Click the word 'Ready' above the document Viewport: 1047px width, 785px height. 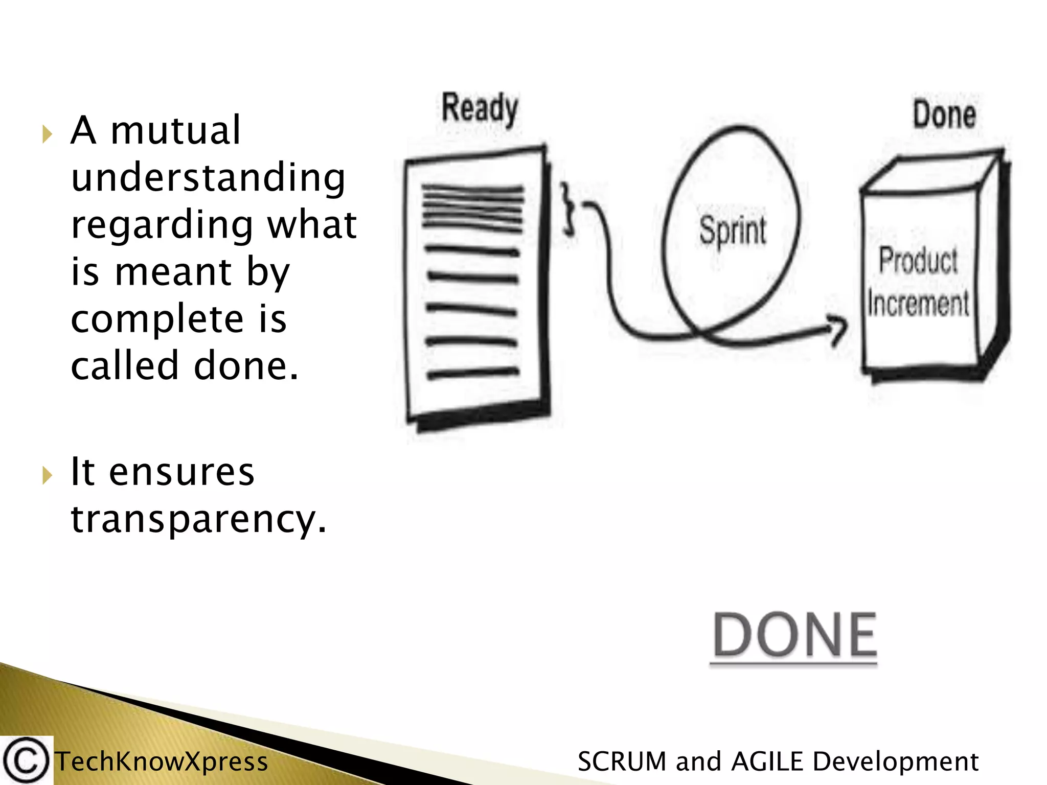[x=480, y=108]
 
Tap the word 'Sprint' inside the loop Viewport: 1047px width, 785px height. [x=733, y=230]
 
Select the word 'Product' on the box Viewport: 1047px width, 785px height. [x=918, y=260]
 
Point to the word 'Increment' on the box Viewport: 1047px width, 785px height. [x=918, y=304]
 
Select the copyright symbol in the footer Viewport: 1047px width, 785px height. [x=26, y=761]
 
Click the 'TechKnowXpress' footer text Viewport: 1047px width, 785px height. [x=162, y=761]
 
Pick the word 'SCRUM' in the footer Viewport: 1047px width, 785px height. [x=622, y=761]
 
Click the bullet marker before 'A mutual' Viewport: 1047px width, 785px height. [x=47, y=134]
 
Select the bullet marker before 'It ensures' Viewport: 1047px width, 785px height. [x=47, y=475]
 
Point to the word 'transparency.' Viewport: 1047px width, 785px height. [x=198, y=519]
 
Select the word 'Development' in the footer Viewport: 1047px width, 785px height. [x=895, y=761]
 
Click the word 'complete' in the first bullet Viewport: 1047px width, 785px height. [x=157, y=319]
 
